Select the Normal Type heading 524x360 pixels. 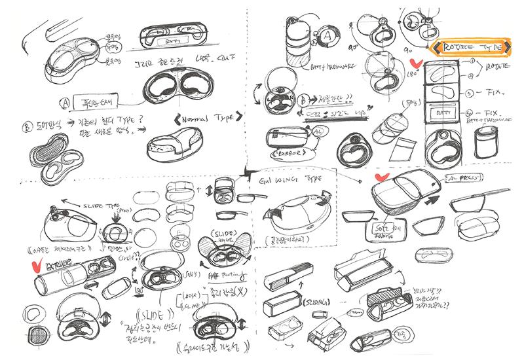204,119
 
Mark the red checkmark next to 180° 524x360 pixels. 414,64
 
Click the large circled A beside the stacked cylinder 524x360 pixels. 324,38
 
